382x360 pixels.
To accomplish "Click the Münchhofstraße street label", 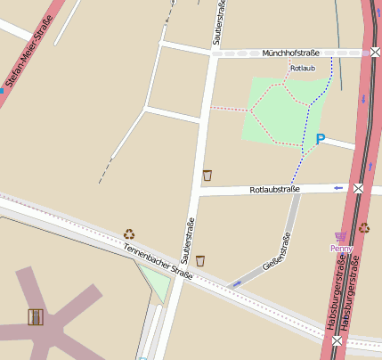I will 290,53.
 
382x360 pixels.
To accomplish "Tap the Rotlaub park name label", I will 303,68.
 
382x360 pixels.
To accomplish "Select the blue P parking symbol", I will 321,139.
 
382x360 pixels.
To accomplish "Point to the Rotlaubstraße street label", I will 274,189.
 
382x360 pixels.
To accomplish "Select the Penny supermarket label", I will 341,248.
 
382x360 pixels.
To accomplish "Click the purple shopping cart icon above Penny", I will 339,237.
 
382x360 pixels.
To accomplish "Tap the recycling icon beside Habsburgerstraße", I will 363,227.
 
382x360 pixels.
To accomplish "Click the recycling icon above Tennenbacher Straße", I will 129,234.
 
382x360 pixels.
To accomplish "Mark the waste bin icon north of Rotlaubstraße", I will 207,175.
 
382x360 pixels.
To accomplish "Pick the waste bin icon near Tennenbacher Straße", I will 200,260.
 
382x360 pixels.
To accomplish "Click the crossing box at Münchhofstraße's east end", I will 376,53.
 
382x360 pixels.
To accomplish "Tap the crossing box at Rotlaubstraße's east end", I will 358,189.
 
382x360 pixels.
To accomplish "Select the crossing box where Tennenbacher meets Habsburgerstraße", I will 337,340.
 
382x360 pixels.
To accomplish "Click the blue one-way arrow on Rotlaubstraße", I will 338,188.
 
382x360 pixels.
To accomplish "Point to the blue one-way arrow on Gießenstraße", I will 236,283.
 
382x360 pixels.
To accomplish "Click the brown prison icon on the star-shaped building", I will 36,316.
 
